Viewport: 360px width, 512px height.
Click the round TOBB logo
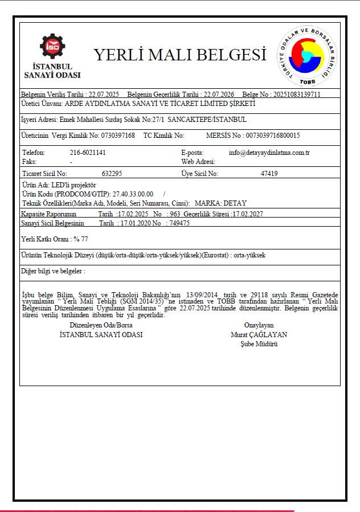tap(307, 55)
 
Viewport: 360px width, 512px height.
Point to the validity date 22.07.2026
tap(219, 94)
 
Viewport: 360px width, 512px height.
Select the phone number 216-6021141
tap(88, 153)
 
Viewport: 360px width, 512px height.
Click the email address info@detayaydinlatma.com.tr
tap(269, 153)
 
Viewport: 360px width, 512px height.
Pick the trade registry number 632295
tap(112, 173)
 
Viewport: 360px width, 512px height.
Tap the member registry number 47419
tap(269, 173)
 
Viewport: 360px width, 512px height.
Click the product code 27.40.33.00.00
tap(133, 194)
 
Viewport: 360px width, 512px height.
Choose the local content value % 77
tap(80, 239)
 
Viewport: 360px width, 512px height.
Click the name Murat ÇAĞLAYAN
tap(259, 335)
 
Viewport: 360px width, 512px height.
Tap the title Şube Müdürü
tap(259, 344)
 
